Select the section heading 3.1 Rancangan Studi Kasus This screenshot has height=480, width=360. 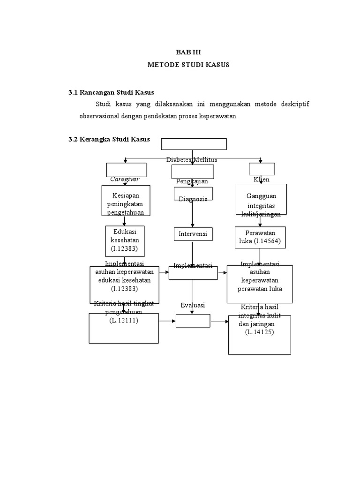click(x=111, y=92)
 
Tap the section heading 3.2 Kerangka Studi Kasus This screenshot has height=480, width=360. click(x=109, y=139)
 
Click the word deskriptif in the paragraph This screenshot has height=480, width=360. click(x=293, y=104)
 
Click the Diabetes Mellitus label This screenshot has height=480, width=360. click(x=192, y=160)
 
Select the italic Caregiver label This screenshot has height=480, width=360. click(x=125, y=179)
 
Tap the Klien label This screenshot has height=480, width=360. click(x=262, y=180)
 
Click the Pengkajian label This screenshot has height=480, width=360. click(x=192, y=181)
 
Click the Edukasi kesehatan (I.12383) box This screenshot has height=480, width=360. click(x=125, y=240)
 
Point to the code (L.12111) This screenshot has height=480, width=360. click(x=124, y=320)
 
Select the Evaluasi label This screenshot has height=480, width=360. click(x=193, y=305)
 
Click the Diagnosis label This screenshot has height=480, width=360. click(x=193, y=199)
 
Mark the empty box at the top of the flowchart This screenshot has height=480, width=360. click(x=194, y=144)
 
